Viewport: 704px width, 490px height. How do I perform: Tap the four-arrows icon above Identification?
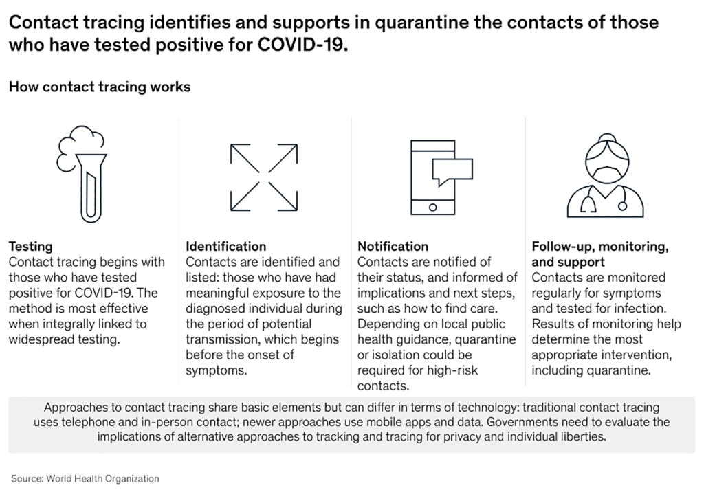coord(264,177)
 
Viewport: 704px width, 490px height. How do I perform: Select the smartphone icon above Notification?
coord(433,177)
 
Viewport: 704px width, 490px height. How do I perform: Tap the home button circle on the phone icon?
coord(433,207)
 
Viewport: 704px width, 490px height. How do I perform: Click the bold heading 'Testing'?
coord(30,246)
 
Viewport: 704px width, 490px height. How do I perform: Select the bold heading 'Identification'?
coord(226,246)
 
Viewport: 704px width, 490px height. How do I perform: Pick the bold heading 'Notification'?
coord(393,246)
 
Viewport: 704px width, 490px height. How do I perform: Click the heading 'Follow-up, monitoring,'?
coord(599,246)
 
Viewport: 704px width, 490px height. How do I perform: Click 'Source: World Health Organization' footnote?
coord(85,478)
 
